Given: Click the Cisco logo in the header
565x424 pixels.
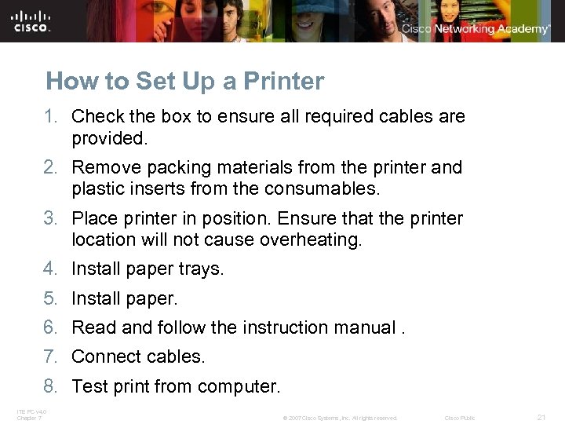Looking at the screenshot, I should [31, 21].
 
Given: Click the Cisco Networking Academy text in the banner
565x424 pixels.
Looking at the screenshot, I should [476, 29].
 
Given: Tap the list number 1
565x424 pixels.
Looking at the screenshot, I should [51, 117].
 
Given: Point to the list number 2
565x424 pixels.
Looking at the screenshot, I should [51, 168].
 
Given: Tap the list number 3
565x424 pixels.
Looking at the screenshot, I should [51, 218].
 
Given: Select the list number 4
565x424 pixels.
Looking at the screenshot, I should [51, 269].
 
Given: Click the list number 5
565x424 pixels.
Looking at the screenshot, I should [51, 298].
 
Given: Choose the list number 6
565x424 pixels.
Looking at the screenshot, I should [51, 327].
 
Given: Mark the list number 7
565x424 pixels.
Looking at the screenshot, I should [51, 357].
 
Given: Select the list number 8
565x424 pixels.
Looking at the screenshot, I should [51, 386].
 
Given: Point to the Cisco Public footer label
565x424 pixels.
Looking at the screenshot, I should [459, 418].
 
